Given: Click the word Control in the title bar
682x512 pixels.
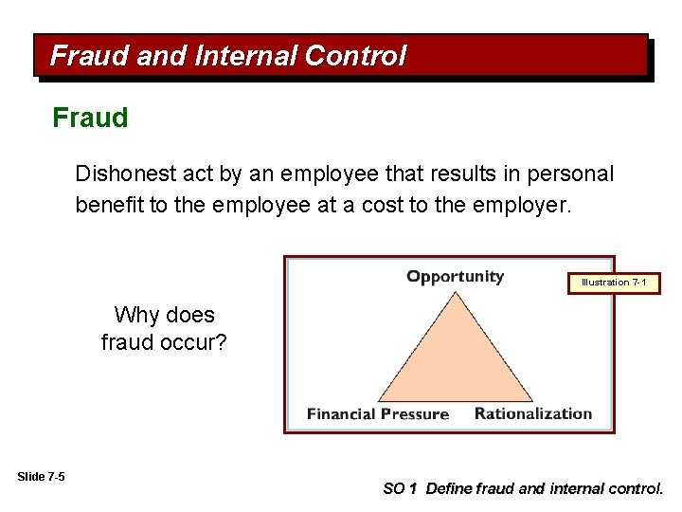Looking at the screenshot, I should [x=355, y=56].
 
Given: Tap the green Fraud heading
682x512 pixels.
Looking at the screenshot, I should [x=90, y=119].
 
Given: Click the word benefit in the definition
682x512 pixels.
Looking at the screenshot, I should [x=107, y=206].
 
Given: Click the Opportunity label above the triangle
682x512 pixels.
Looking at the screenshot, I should [x=455, y=277].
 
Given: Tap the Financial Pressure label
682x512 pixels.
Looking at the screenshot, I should [x=377, y=413].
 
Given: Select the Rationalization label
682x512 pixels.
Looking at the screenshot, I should [x=532, y=413].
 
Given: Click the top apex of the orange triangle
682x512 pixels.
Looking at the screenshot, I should [x=456, y=293].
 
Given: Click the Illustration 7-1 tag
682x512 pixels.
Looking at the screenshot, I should [x=613, y=283].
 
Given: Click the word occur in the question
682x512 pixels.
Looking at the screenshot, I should [x=188, y=341].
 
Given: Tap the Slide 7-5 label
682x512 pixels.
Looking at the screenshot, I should [x=41, y=476].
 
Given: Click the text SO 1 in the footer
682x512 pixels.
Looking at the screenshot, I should [x=399, y=489].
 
